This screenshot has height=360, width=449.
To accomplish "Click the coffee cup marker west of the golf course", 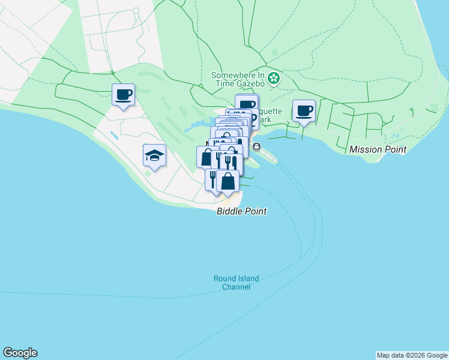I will pos(123,95).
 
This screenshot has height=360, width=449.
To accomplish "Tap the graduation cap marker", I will pos(154,156).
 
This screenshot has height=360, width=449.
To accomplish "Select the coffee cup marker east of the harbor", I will pos(304,112).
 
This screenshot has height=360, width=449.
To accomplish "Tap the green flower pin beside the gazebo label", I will pos(274,77).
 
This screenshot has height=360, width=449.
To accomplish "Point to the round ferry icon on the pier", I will pos(257,147).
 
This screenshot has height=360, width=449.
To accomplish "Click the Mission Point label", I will pos(378,149).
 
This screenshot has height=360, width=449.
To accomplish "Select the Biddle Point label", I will pos(241,212).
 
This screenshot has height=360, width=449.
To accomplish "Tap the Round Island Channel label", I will pos(236,283).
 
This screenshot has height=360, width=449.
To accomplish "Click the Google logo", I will pos(20,353).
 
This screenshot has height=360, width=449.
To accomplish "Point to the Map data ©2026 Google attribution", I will pos(412,355).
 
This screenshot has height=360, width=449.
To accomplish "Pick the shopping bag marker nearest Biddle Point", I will pos(228,181).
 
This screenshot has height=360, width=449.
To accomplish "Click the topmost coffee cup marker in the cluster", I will pos(247,104).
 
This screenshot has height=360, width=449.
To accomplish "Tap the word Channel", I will pos(236,287).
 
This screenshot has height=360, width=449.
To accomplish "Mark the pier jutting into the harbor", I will pos(265,155).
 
